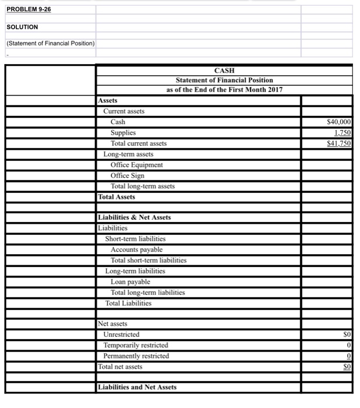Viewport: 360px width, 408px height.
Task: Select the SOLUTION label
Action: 22,27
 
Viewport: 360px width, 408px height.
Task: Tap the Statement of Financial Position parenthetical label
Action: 51,43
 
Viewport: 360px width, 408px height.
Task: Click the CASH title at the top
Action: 224,70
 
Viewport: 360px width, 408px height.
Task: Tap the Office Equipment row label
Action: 137,165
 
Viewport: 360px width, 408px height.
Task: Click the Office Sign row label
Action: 128,175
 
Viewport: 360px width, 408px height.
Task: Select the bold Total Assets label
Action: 117,197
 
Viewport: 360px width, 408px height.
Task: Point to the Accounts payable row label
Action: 137,249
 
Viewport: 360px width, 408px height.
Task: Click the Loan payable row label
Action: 130,282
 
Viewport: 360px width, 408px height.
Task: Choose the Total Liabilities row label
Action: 128,303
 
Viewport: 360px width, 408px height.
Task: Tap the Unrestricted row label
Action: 121,335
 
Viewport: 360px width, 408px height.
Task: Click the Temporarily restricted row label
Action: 135,345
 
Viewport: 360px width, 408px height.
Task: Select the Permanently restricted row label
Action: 136,356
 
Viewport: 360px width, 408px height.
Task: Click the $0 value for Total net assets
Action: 347,367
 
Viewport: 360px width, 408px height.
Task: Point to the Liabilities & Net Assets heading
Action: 135,217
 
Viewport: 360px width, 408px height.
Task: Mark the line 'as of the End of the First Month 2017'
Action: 224,90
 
